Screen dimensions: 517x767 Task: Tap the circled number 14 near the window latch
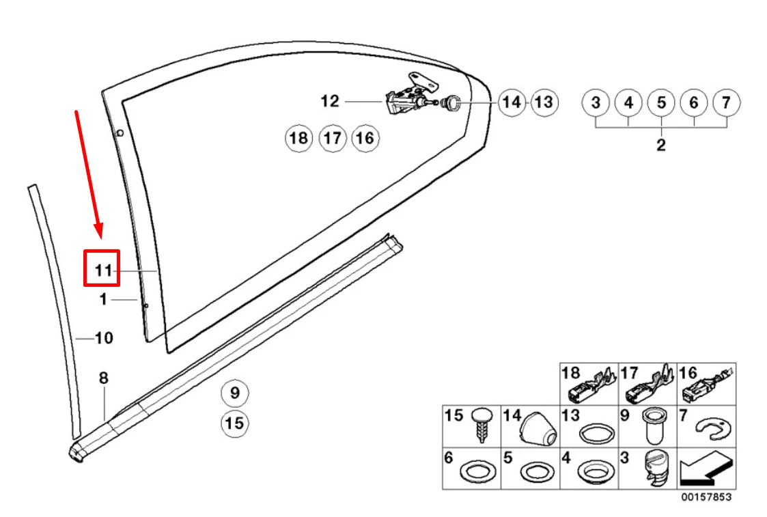click(511, 102)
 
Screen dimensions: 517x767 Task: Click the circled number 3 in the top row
click(596, 103)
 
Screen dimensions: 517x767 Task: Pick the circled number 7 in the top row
click(726, 103)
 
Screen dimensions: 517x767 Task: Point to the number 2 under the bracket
click(660, 145)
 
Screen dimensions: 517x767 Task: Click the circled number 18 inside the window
click(298, 139)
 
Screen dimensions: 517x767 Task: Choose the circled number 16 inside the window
click(365, 139)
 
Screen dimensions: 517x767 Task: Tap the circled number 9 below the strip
click(234, 393)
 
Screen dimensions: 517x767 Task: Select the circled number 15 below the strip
click(234, 423)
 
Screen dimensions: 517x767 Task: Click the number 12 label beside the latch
click(329, 102)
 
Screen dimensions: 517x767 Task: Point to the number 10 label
click(104, 337)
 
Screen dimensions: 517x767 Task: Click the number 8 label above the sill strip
click(103, 378)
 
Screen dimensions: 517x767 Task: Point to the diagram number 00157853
click(706, 497)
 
